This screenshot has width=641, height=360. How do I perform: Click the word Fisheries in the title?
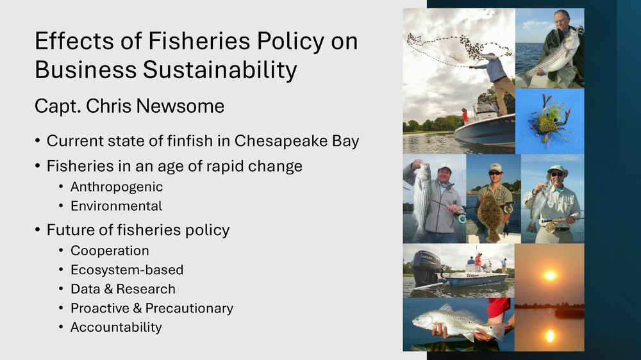(x=199, y=41)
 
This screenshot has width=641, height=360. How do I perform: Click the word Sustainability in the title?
(x=219, y=69)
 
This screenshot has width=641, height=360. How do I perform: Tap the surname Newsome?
(x=180, y=106)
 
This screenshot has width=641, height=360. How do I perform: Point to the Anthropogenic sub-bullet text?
(x=117, y=187)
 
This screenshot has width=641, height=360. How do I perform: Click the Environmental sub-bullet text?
(x=117, y=206)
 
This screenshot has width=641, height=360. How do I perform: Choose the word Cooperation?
(x=110, y=250)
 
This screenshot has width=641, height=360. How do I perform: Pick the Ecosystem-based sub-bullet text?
(x=127, y=270)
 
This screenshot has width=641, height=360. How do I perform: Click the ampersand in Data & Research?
(x=108, y=289)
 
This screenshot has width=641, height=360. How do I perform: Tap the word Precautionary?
(x=189, y=308)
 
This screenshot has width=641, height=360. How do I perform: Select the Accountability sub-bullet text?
(x=116, y=327)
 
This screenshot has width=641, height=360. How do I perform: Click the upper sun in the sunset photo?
(x=550, y=275)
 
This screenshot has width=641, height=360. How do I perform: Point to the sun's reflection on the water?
(x=550, y=336)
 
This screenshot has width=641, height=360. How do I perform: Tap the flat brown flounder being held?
(x=490, y=216)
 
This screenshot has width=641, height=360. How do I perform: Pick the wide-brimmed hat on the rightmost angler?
(x=557, y=169)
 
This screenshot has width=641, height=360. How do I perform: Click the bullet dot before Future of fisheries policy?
(x=38, y=230)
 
